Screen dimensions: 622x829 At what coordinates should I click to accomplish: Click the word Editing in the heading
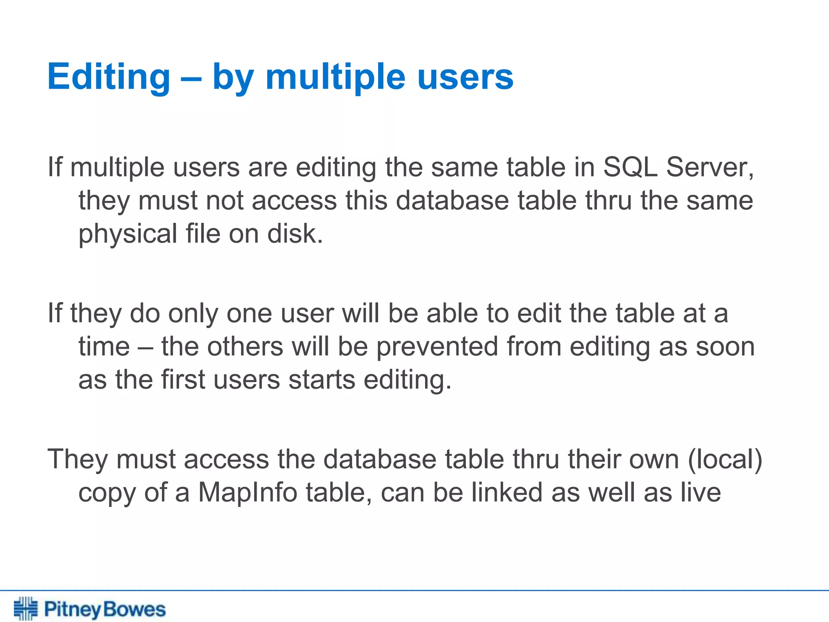(x=108, y=77)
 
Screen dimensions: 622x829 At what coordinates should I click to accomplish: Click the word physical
(x=128, y=234)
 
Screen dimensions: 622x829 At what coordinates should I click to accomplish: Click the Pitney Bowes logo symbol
(x=26, y=608)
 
